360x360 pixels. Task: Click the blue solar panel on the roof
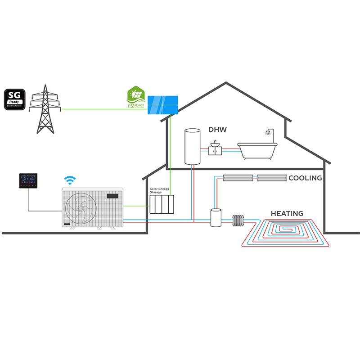click(x=163, y=104)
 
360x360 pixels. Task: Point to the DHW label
click(x=217, y=130)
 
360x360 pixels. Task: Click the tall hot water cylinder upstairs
click(x=192, y=146)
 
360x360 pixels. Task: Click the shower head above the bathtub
click(x=269, y=134)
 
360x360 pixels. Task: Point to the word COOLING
click(x=305, y=178)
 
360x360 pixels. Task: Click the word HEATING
click(x=287, y=213)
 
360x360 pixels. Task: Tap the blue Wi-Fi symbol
click(x=69, y=180)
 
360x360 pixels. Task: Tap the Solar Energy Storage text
click(x=159, y=190)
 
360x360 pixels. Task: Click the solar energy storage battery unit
click(x=162, y=205)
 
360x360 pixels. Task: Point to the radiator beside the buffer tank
click(x=238, y=220)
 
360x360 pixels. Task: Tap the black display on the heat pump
click(x=113, y=196)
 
